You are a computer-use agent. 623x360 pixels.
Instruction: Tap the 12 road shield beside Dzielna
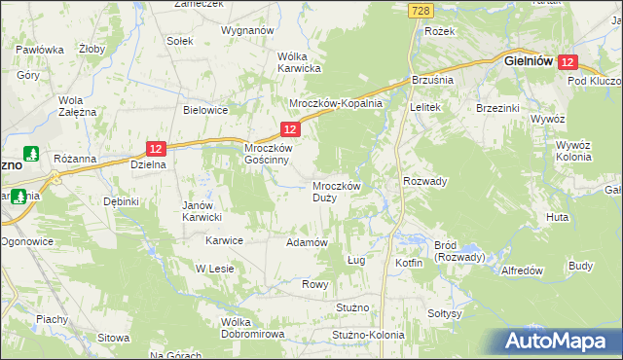point(157,148)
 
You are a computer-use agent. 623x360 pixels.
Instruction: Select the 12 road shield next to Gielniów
point(569,61)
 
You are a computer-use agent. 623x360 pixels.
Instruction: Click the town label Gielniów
point(529,60)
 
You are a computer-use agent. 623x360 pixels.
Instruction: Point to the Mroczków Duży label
point(337,191)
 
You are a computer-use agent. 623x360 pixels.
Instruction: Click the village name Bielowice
point(205,110)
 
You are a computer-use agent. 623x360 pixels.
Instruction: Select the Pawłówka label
point(40,50)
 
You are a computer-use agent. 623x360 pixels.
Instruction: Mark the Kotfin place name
point(409,264)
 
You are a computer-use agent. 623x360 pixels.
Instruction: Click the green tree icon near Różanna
point(31,155)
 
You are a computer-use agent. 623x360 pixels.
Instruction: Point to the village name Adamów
point(306,241)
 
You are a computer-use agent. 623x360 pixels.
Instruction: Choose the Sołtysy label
point(444,314)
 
